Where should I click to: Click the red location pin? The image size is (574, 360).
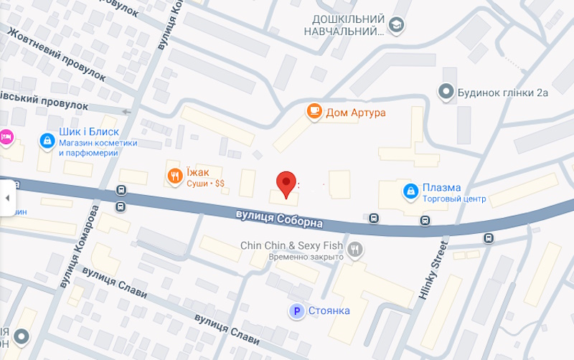tap(286, 183)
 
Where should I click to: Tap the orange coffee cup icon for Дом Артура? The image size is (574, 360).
tap(314, 111)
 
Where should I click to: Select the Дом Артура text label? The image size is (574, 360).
tap(356, 113)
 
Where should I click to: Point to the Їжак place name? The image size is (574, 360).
tap(199, 172)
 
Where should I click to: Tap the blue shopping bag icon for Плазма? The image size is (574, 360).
tap(411, 190)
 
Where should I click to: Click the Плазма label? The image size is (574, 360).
tap(441, 188)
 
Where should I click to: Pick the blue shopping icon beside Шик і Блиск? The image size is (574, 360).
tap(47, 140)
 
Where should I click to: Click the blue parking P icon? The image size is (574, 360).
tap(294, 311)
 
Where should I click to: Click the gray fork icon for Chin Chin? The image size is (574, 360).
tap(354, 250)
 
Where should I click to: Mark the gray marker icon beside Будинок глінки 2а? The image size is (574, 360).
tap(446, 92)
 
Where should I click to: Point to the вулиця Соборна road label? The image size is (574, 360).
tap(279, 219)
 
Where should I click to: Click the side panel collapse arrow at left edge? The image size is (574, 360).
tap(8, 198)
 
